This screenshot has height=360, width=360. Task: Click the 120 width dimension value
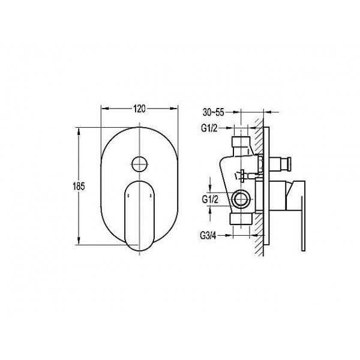[x=140, y=109]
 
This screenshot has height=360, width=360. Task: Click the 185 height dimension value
[x=79, y=186]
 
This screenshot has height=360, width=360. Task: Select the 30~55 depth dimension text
[x=213, y=113]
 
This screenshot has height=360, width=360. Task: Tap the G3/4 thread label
[x=208, y=236]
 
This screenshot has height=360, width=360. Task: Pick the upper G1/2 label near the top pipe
[x=209, y=128]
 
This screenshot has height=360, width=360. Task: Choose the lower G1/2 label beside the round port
[x=210, y=200]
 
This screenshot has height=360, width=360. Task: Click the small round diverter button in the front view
[x=140, y=164]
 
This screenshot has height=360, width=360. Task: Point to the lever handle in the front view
[x=140, y=216]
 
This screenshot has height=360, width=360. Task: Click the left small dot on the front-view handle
[x=128, y=196]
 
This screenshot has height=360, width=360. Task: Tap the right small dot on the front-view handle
[x=151, y=196]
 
